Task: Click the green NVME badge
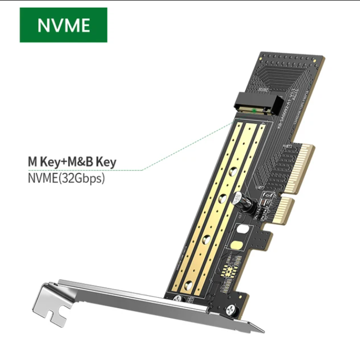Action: pos(63,25)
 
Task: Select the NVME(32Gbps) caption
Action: pos(66,177)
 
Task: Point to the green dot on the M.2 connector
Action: pos(254,111)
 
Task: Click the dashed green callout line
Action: pos(183,156)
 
